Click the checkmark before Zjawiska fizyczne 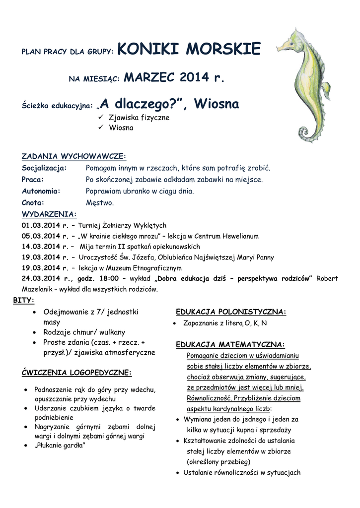tap(100, 118)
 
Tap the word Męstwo tap(100, 202)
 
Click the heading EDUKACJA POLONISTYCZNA tap(231, 312)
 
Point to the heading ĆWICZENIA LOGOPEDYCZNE tap(77, 372)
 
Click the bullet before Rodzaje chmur tap(33, 332)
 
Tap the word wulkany tap(112, 332)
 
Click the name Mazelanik tap(37, 289)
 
